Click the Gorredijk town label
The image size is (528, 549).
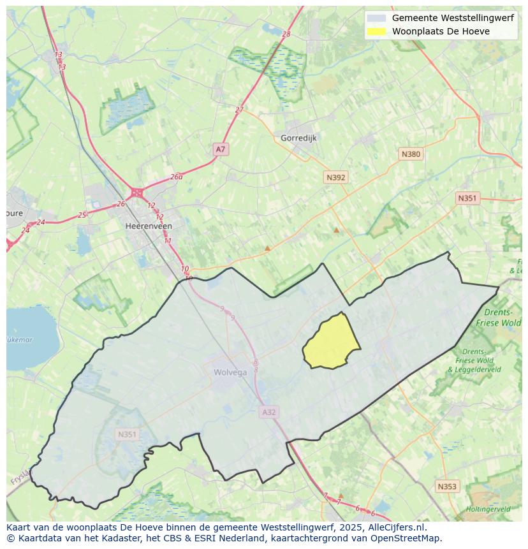(x=298, y=138)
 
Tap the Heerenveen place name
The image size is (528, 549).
(x=149, y=226)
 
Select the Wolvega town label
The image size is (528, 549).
(x=230, y=373)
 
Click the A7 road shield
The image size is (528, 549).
(x=220, y=149)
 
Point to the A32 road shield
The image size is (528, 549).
(x=269, y=413)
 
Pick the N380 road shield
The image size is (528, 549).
(x=411, y=154)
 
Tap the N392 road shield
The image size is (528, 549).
(x=335, y=178)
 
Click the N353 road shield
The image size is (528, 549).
(x=447, y=487)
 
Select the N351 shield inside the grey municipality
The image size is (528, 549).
(x=127, y=435)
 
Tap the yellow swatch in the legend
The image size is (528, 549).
(x=377, y=31)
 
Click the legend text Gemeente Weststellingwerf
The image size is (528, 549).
(x=453, y=18)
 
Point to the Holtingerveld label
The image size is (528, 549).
(x=487, y=509)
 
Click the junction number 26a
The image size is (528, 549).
(x=177, y=177)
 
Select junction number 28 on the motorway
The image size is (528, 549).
(x=286, y=34)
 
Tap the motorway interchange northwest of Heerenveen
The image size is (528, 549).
(x=136, y=192)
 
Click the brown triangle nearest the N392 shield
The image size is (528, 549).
(x=336, y=230)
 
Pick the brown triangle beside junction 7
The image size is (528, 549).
(x=341, y=495)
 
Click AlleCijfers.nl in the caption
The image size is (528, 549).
(x=397, y=528)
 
